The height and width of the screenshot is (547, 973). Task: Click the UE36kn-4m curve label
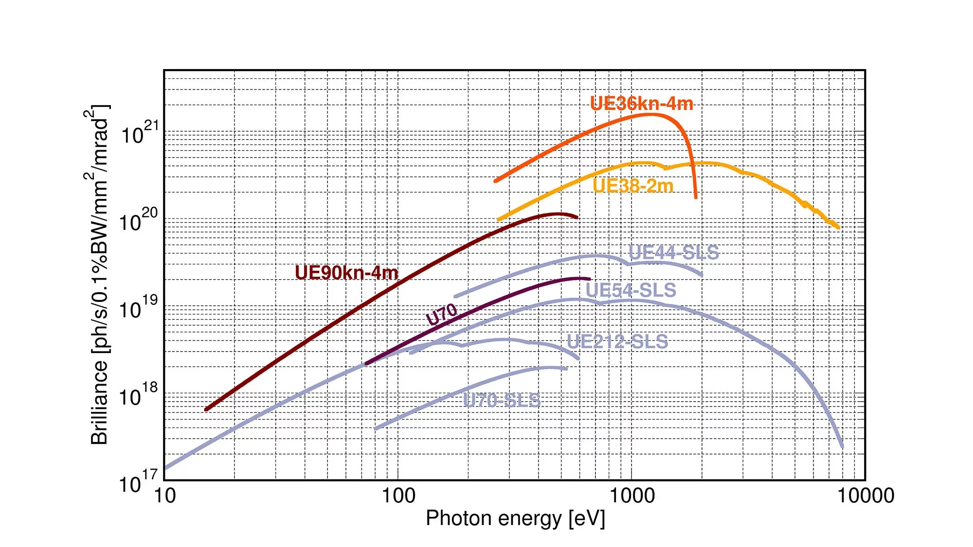tap(641, 104)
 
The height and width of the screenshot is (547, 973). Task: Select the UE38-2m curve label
tap(633, 186)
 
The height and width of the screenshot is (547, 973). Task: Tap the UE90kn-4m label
tap(346, 273)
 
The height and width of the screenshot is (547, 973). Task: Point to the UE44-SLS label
tap(673, 252)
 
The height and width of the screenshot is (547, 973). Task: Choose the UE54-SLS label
tap(631, 290)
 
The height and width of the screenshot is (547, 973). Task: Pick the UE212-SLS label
tap(617, 342)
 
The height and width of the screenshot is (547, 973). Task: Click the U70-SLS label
tap(501, 401)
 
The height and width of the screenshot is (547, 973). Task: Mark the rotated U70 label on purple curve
tap(442, 314)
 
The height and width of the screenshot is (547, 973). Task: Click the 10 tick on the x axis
tap(165, 496)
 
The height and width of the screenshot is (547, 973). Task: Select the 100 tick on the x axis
tap(398, 496)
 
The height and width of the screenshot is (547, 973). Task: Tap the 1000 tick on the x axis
tap(631, 496)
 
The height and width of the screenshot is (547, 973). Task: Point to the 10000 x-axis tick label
tap(865, 496)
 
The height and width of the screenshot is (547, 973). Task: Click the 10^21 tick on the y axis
tap(139, 133)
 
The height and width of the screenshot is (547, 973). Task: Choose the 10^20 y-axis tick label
tap(139, 220)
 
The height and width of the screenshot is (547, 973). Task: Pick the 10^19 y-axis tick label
tap(139, 308)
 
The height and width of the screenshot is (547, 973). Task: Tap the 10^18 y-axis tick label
tap(139, 395)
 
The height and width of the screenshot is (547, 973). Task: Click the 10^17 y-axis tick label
tap(139, 482)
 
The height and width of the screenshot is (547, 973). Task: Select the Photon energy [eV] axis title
tap(515, 519)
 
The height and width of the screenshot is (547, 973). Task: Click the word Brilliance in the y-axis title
tap(99, 403)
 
